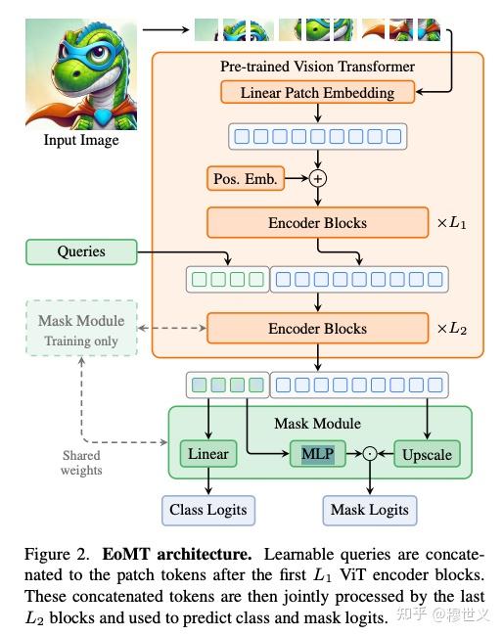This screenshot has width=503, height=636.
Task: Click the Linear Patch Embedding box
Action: coord(317,93)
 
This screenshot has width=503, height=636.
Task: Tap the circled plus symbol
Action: coord(317,178)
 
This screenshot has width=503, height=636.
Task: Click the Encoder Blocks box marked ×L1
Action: coord(317,223)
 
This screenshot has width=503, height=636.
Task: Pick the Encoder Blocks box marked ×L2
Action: coord(317,328)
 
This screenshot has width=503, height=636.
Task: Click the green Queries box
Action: coord(81,251)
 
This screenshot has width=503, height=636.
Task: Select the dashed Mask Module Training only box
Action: coord(81,330)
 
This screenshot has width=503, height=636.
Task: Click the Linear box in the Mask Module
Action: coord(207,454)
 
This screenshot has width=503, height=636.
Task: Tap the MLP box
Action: coord(318,454)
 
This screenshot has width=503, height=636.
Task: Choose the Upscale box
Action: coord(428,454)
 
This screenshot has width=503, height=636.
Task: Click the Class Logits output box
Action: coord(207,510)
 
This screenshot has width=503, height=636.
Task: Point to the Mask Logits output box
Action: coord(369,510)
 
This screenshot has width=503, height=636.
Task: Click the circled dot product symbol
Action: coord(369,454)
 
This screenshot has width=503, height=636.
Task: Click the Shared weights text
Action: coord(81,463)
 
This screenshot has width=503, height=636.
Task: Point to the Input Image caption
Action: coord(81,140)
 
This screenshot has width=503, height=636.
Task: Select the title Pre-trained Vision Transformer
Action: coord(317,67)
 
